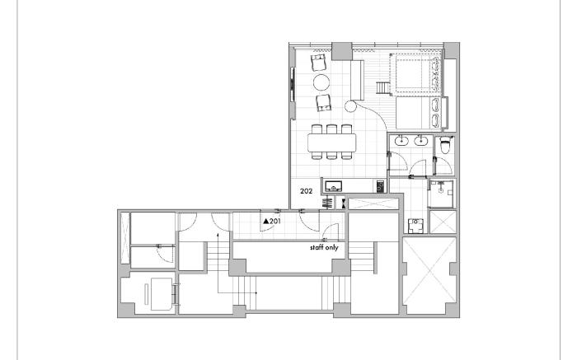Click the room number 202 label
[x=306, y=191]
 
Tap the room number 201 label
[x=275, y=222]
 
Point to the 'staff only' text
[x=324, y=247]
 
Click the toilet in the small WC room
[x=446, y=145]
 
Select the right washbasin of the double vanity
[x=420, y=140]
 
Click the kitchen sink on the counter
[x=333, y=186]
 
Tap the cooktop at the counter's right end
[x=381, y=186]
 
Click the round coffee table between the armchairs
[x=321, y=82]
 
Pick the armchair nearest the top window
[x=319, y=62]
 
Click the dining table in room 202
[x=332, y=143]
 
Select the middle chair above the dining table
[x=332, y=129]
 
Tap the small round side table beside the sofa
[x=350, y=106]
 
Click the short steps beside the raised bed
[x=382, y=88]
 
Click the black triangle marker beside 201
[x=266, y=222]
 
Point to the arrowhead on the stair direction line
[x=218, y=234]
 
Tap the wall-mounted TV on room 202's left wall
[x=293, y=84]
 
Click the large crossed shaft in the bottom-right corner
[x=429, y=276]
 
